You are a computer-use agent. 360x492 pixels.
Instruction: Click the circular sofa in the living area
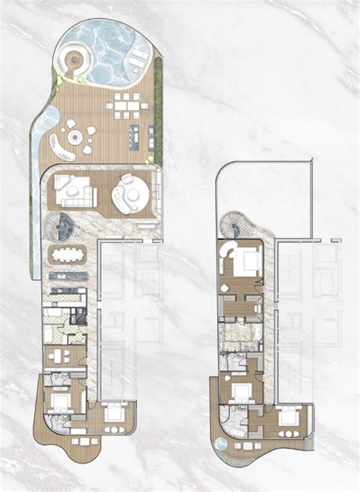click(128, 194)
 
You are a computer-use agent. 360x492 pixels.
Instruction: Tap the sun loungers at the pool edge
click(139, 61)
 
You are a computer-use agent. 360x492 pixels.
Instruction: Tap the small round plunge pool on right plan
click(221, 443)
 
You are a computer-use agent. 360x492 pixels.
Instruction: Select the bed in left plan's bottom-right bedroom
click(114, 414)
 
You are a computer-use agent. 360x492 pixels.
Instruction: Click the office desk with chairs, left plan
click(57, 357)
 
